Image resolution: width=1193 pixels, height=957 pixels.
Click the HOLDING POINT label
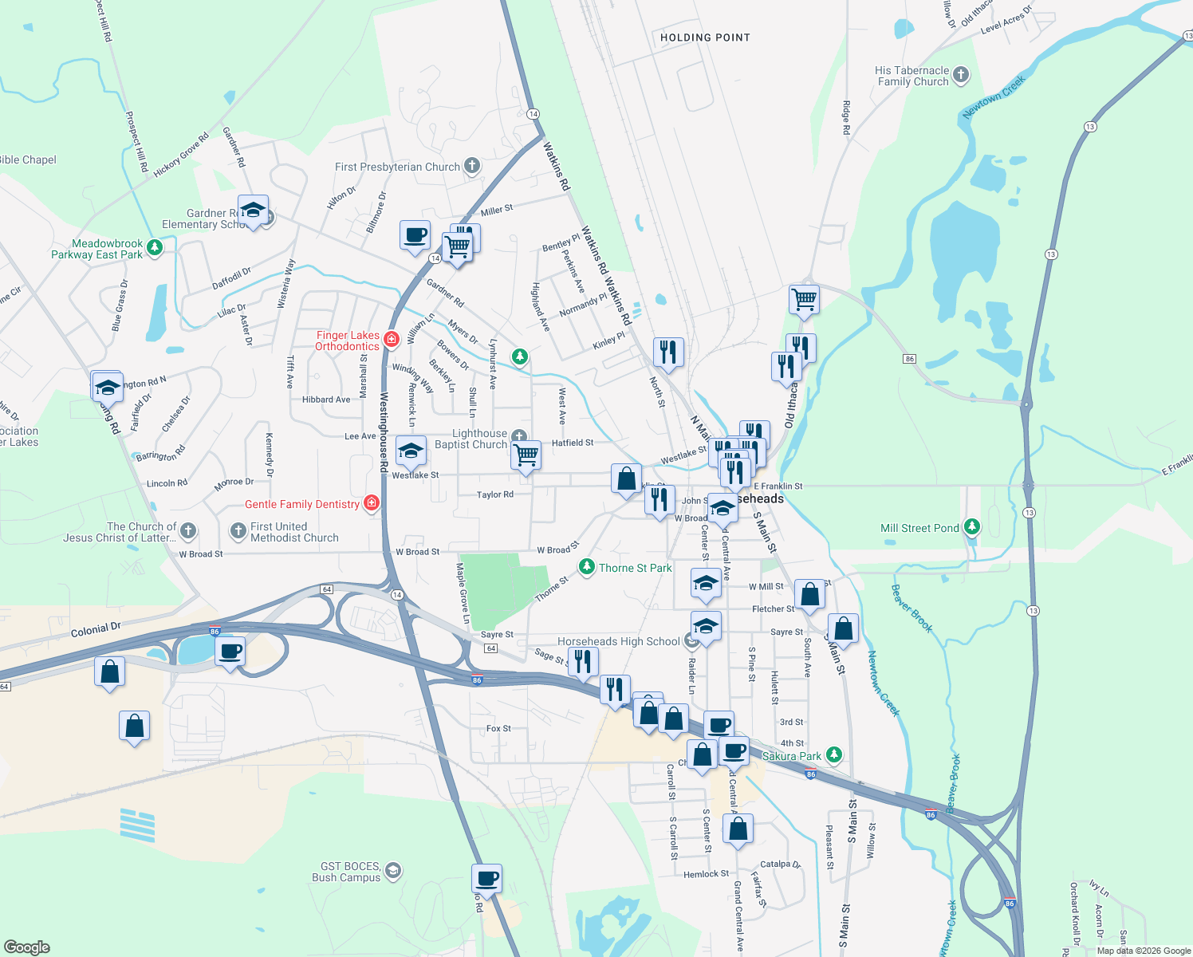(x=705, y=37)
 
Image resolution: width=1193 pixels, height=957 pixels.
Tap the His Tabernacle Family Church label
(x=912, y=76)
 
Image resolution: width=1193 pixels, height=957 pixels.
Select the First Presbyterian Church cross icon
(x=472, y=166)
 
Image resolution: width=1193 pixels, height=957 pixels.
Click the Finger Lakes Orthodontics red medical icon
(x=391, y=340)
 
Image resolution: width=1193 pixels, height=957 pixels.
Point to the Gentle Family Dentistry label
(x=301, y=504)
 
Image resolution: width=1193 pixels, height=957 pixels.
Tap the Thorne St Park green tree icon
(x=587, y=567)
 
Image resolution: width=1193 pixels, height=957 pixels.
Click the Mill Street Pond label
(x=919, y=528)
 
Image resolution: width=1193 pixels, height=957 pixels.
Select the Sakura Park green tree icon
(x=833, y=754)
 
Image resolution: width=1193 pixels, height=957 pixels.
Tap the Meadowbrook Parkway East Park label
(x=97, y=249)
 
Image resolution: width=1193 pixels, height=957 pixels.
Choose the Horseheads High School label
(x=618, y=641)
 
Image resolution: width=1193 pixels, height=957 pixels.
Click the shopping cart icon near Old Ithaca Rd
(x=804, y=300)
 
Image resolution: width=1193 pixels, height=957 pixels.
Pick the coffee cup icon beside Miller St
(x=415, y=235)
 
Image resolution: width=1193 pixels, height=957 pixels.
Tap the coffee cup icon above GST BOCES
(x=486, y=879)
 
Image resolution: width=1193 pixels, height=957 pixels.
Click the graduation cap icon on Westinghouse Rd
(x=411, y=451)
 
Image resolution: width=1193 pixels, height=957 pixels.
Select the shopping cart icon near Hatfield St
(x=526, y=455)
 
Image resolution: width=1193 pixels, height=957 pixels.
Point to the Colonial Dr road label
(x=96, y=630)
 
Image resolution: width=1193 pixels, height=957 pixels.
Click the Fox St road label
(x=498, y=728)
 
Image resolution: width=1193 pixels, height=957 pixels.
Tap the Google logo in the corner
(x=26, y=947)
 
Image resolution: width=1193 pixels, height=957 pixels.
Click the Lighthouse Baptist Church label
(x=471, y=439)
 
